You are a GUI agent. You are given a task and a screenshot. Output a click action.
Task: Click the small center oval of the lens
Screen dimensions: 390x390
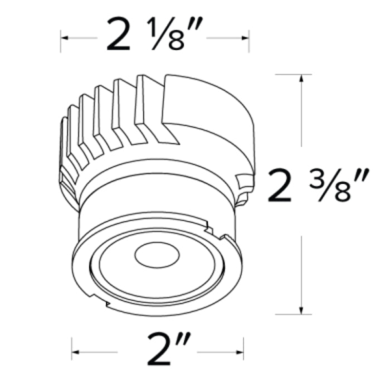tap(158, 255)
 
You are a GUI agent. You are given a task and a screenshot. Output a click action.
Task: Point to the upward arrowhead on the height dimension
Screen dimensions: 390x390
tap(301, 79)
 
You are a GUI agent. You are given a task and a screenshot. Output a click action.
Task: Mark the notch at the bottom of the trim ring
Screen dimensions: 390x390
tap(106, 304)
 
